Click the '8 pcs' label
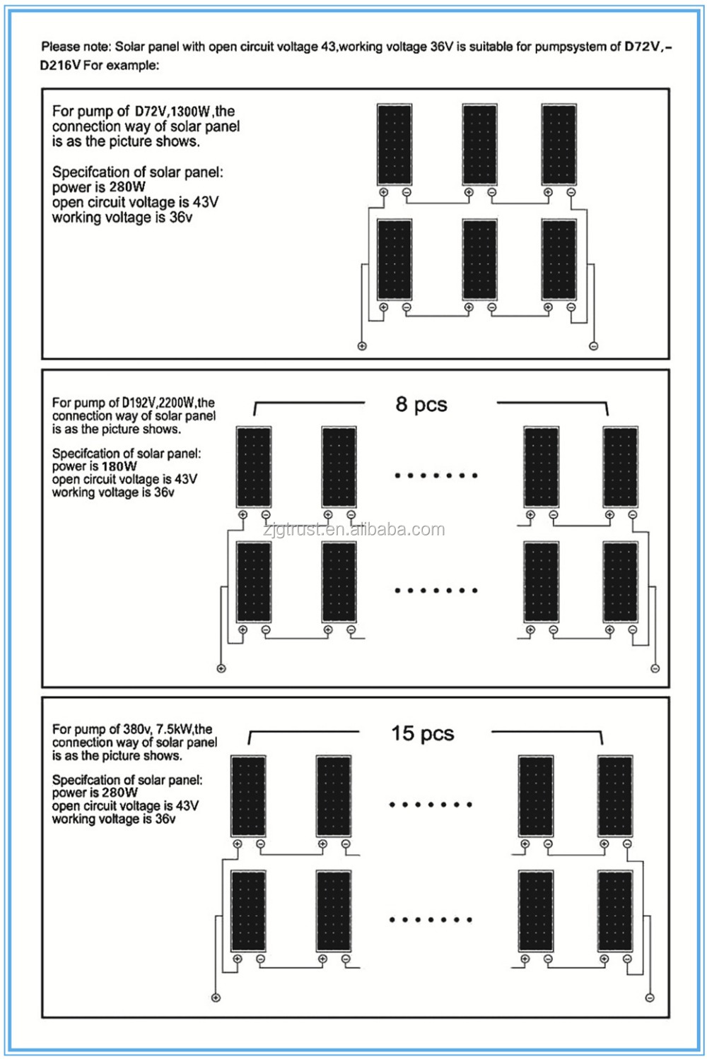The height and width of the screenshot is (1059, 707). [x=421, y=405]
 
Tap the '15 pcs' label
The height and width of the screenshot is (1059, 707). [x=423, y=733]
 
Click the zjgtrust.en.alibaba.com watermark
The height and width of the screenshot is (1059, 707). [x=353, y=530]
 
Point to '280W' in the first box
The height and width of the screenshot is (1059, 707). [x=127, y=187]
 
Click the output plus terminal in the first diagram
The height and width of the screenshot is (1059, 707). [x=362, y=345]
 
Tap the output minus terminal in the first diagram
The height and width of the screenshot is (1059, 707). [x=593, y=345]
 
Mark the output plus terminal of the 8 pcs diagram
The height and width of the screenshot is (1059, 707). [x=221, y=668]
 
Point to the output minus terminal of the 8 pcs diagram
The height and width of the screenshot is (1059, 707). [x=655, y=668]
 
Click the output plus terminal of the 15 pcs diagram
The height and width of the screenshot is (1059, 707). [x=216, y=998]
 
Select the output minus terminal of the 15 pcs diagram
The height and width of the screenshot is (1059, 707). [x=650, y=998]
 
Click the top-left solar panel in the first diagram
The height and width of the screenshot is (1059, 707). [x=395, y=145]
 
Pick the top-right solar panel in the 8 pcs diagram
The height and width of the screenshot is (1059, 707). [x=620, y=466]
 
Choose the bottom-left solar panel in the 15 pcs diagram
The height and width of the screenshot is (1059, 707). [x=249, y=911]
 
